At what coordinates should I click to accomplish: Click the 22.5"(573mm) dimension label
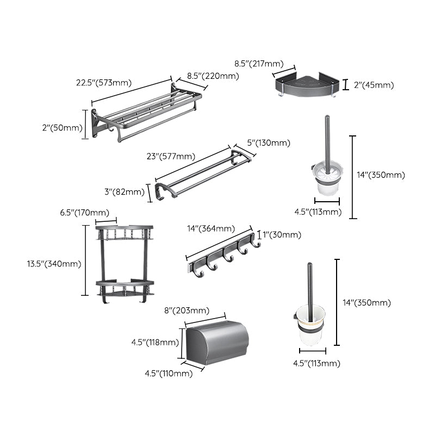pos(103,83)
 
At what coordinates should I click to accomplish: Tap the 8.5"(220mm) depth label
pos(213,77)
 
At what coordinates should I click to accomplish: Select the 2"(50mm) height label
pos(63,128)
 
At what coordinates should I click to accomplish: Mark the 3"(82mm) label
pos(123,191)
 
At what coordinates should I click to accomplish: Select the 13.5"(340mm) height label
pos(54,264)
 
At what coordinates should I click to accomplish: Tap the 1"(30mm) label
pos(281,235)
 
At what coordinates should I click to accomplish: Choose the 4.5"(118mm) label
pos(154,342)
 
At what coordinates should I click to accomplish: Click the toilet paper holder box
pos(216,343)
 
